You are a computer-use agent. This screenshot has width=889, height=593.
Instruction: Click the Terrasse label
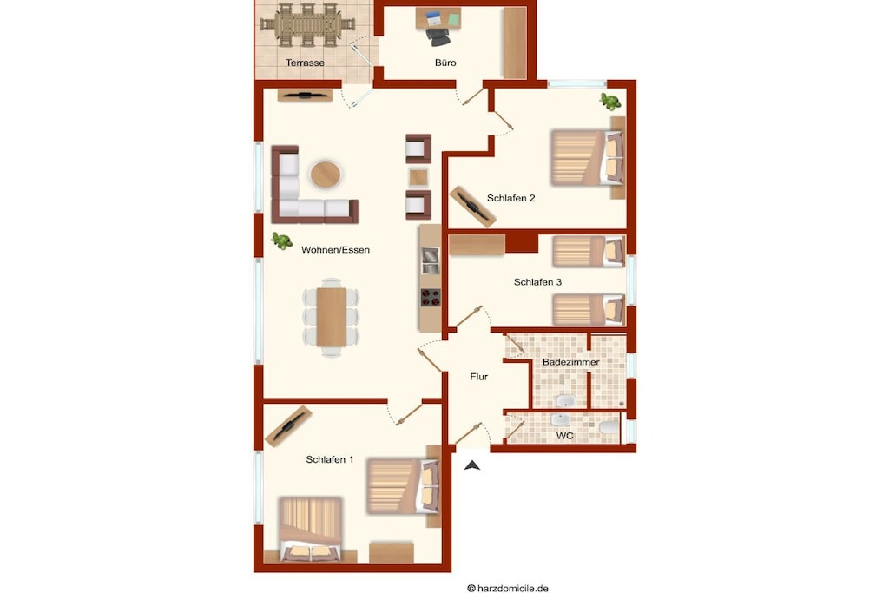[305, 63]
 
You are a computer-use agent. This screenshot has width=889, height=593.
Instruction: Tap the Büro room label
[445, 63]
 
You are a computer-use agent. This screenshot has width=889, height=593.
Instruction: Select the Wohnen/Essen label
[335, 249]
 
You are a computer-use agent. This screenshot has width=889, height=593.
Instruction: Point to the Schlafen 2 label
[510, 198]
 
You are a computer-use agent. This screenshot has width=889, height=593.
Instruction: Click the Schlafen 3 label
[537, 282]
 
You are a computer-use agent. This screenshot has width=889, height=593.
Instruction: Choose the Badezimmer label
[571, 362]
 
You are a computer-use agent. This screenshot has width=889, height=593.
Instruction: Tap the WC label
[564, 435]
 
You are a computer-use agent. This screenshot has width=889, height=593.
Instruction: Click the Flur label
[479, 377]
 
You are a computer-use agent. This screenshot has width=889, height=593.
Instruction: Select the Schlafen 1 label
[329, 459]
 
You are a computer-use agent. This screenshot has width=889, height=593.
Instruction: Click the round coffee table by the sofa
[326, 174]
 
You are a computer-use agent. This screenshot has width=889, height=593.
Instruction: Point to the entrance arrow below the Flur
[472, 465]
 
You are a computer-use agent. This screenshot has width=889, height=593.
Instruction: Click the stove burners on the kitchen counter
[431, 298]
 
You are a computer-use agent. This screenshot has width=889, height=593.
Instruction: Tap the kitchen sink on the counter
[431, 261]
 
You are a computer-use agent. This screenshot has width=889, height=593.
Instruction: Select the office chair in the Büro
[438, 35]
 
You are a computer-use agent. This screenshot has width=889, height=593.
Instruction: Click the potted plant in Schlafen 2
[610, 102]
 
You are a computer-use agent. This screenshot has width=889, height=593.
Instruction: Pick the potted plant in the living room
[282, 241]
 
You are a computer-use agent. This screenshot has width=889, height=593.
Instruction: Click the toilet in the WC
[609, 427]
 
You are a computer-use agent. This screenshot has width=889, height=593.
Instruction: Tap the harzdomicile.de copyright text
[507, 589]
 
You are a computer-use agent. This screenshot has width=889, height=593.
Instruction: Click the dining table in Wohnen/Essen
[331, 317]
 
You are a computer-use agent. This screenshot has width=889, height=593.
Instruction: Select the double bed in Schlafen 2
[587, 158]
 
